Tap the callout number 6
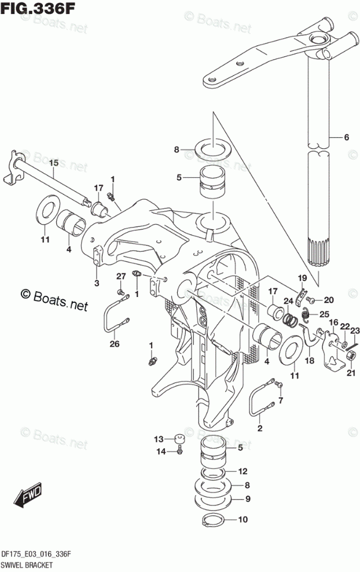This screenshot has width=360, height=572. point(346,138)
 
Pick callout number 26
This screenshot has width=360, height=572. point(114,344)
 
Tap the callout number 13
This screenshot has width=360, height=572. point(158,438)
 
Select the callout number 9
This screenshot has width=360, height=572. point(247,498)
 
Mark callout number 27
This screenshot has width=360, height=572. point(120,276)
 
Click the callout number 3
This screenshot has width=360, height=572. point(97,283)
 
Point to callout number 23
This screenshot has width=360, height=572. point(354,330)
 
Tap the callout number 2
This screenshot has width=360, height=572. point(260,428)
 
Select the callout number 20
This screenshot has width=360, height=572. point(328,299)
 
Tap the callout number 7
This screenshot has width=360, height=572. point(281,401)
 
